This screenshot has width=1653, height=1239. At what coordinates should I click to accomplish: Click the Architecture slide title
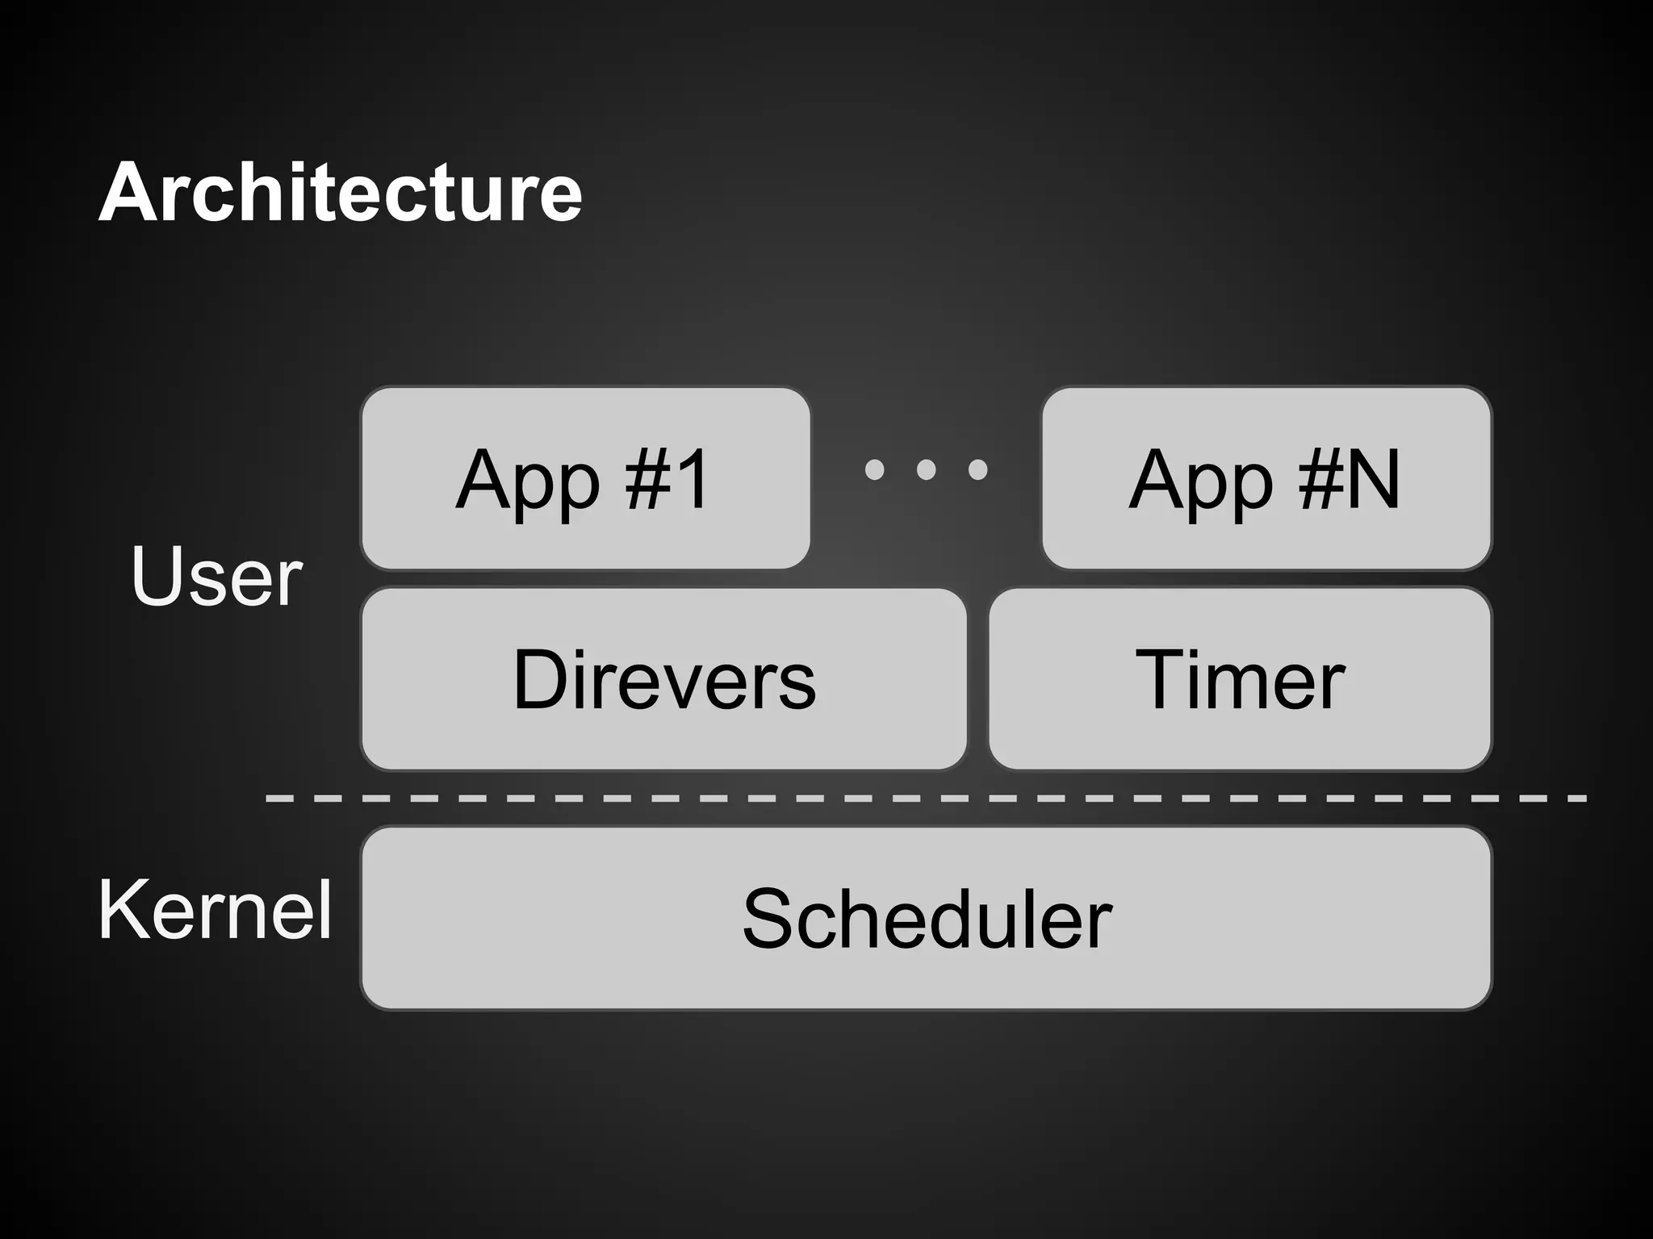tap(340, 193)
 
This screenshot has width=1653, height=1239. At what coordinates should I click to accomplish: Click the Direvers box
tap(663, 679)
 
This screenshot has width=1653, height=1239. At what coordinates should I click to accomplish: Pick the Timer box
tap(1240, 679)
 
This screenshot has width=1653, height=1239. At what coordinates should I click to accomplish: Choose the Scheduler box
tap(926, 918)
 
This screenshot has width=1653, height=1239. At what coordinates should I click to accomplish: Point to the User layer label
tap(216, 576)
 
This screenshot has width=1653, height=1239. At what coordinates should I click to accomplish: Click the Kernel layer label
tap(215, 910)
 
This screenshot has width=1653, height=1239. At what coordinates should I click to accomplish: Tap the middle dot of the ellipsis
tap(927, 469)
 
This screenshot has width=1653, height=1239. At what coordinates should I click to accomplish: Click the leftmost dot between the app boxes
tap(875, 469)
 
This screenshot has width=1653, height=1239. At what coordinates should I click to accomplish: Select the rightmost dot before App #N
tap(977, 469)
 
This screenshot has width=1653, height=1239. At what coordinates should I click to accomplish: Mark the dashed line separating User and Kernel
tap(926, 799)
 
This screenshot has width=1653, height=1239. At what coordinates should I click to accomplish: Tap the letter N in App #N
tap(1367, 479)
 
